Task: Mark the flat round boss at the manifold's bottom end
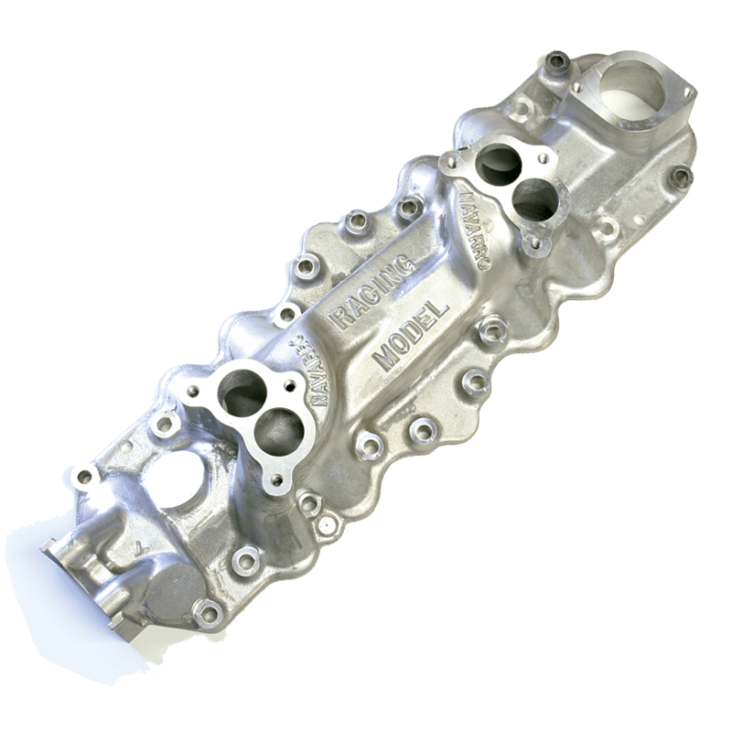(172, 590)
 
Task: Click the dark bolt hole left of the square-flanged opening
(557, 62)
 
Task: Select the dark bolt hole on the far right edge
(681, 177)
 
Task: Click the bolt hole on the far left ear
(85, 477)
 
